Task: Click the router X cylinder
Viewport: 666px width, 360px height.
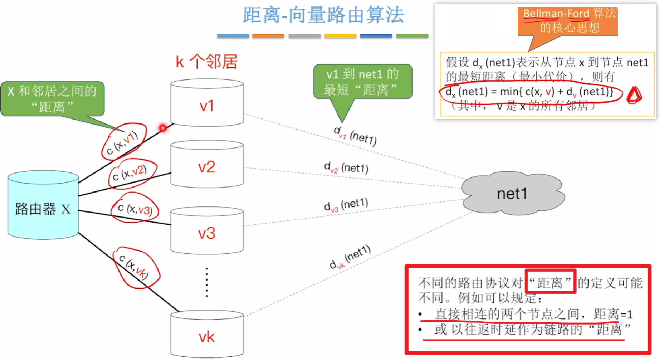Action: pos(43,205)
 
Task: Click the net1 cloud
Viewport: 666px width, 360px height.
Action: pos(511,193)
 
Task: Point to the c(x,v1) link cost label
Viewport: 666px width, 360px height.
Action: pos(122,143)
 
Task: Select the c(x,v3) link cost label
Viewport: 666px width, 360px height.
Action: pos(135,209)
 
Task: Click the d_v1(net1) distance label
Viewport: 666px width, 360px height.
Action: pos(355,135)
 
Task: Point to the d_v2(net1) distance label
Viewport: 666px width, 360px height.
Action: pos(346,168)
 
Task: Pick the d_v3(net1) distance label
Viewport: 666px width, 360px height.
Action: pos(346,205)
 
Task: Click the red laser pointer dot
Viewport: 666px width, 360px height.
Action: pos(163,128)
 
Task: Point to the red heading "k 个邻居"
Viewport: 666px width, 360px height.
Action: pos(207,62)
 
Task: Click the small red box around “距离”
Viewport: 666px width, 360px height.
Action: pos(550,282)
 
